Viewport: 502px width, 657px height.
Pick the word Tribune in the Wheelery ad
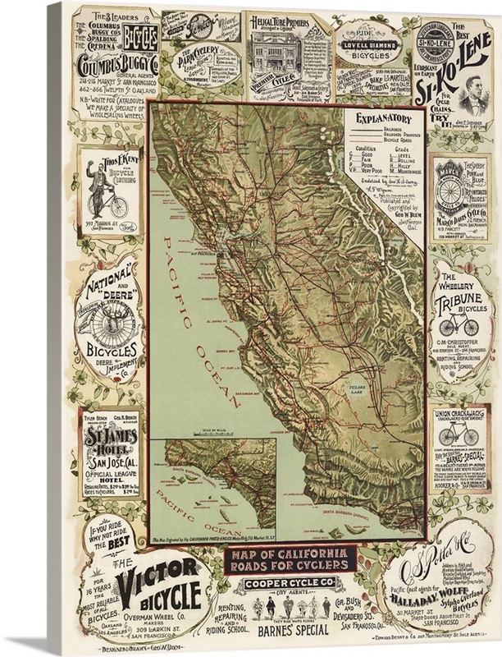click(x=460, y=305)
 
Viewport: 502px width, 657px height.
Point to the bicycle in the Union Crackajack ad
click(x=460, y=434)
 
